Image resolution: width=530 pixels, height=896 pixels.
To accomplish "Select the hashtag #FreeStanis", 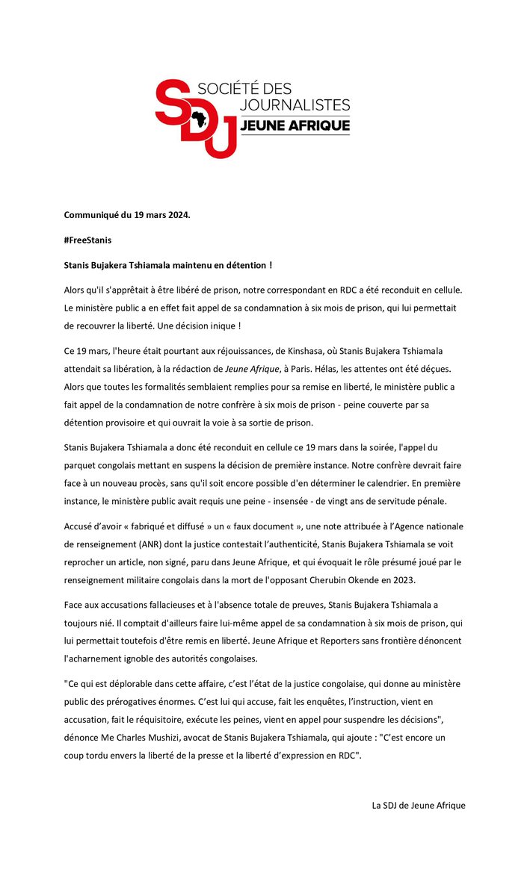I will coord(89,240).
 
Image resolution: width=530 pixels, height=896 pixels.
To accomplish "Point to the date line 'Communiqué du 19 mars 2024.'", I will coord(127,216).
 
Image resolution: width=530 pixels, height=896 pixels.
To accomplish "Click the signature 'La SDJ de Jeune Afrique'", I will coord(419,805).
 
